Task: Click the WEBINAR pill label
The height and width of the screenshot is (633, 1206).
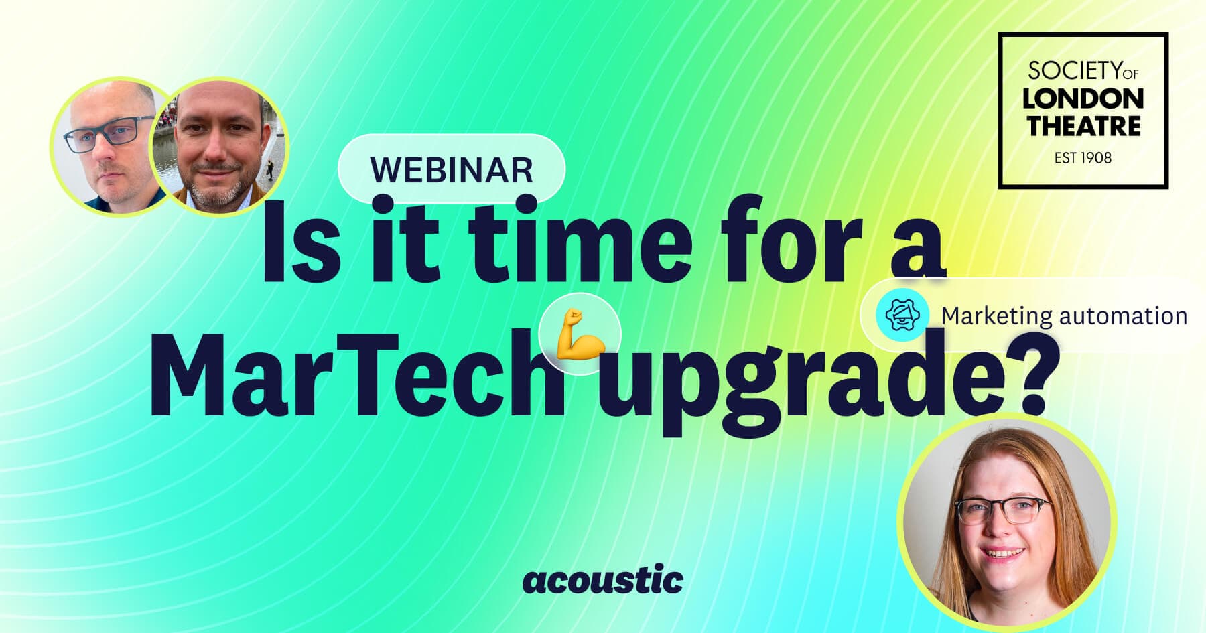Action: [x=452, y=169]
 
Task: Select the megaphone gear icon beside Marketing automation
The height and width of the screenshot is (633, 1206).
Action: [x=902, y=314]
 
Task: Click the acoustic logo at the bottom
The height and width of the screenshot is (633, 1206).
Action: [x=603, y=579]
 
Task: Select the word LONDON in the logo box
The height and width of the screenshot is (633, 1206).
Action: [x=1083, y=99]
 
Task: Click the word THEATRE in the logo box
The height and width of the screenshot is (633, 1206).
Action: [x=1083, y=126]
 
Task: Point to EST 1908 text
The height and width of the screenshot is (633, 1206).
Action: [x=1083, y=158]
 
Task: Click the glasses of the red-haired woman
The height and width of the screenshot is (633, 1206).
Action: [x=1002, y=512]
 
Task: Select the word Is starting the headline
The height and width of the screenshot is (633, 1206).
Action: [x=298, y=239]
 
